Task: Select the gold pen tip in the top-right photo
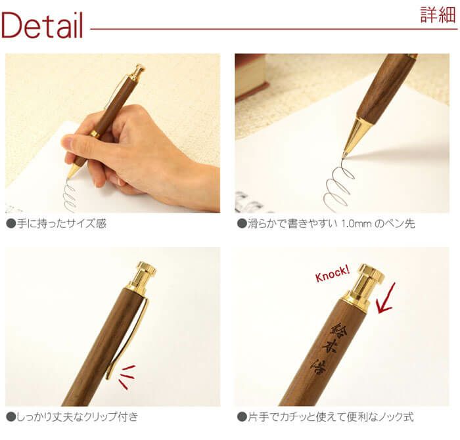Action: [x=353, y=137]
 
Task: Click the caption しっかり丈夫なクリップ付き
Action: [x=76, y=416]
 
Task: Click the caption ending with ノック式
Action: [x=329, y=416]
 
